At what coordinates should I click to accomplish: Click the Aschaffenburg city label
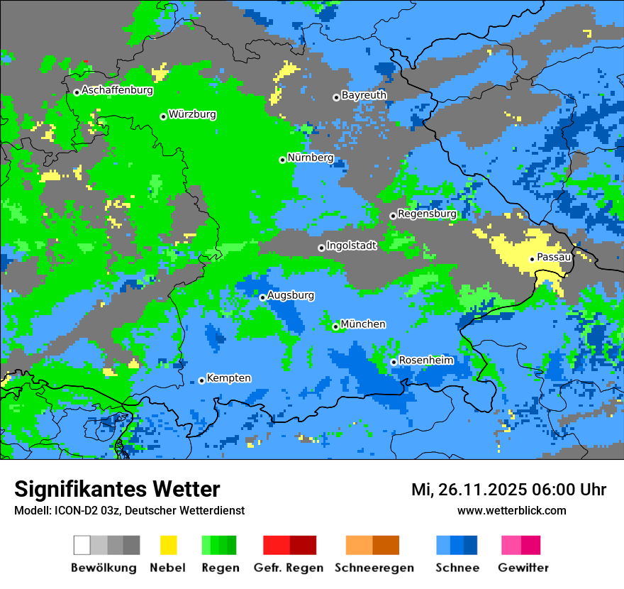point(117,91)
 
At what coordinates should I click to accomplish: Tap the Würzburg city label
point(192,114)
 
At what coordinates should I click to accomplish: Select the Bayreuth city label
point(364,95)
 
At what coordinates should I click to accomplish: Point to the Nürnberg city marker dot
point(282,160)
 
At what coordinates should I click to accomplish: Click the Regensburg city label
point(427,214)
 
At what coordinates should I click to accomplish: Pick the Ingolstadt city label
point(351,246)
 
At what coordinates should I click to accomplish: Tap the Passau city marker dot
point(532,259)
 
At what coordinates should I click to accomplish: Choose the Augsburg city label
point(291,295)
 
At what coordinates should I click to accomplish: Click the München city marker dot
point(335,326)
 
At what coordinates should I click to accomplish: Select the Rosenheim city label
point(426,360)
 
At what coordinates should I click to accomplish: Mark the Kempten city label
point(228,378)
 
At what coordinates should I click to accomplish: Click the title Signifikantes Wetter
point(117,490)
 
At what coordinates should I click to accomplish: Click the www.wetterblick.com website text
point(511,511)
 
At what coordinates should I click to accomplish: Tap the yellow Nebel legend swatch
point(168,545)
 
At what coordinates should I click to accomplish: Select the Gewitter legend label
point(523,568)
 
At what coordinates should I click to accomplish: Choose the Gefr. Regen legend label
point(289,568)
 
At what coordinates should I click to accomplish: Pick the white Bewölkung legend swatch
point(82,545)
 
